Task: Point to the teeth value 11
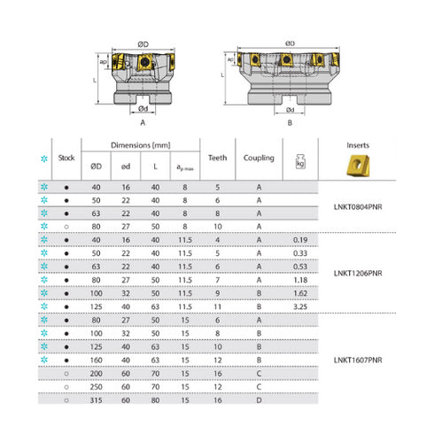pyautogui.click(x=217, y=305)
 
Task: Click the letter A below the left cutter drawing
pyautogui.click(x=143, y=123)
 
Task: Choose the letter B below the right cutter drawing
pyautogui.click(x=290, y=123)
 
